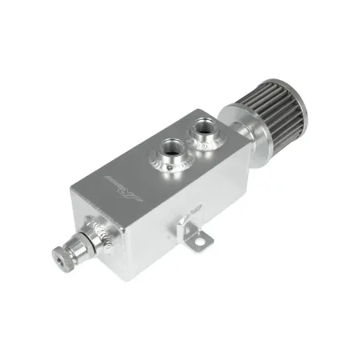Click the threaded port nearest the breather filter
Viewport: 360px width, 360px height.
[201, 125]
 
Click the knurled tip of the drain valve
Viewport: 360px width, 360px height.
[62, 256]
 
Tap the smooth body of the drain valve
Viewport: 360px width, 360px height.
[79, 244]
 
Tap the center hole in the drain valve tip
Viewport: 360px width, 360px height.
[59, 258]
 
